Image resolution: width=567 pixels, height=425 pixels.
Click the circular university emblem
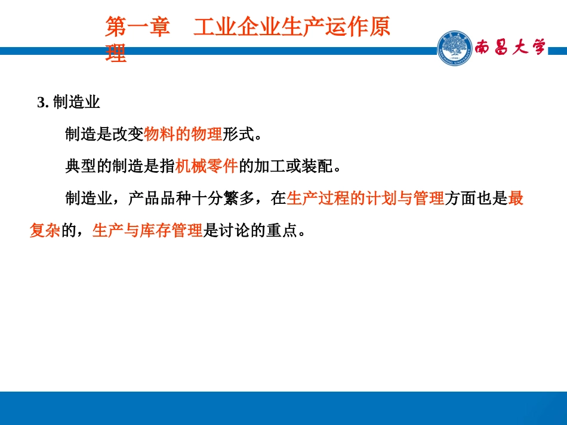click(454, 48)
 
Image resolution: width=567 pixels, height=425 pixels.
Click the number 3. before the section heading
click(42, 103)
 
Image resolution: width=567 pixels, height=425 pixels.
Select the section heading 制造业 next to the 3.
click(76, 103)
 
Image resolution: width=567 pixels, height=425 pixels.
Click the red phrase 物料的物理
click(183, 135)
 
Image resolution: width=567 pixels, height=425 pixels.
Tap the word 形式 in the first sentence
click(238, 135)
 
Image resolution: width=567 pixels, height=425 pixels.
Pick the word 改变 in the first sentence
click(128, 135)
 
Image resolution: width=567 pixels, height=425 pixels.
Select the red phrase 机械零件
click(207, 166)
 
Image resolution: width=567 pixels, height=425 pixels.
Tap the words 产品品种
click(159, 198)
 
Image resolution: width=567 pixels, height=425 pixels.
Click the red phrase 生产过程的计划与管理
click(365, 198)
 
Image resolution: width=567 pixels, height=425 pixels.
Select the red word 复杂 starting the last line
click(45, 231)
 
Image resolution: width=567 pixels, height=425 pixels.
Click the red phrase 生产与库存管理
click(147, 231)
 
